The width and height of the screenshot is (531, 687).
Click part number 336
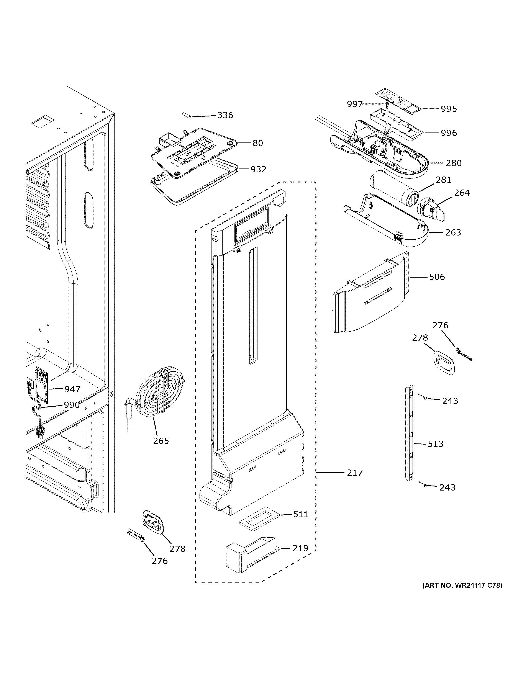225,115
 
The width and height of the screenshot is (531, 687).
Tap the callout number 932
258,170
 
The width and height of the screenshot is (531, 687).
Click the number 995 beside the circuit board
449,109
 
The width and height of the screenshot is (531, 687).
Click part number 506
437,277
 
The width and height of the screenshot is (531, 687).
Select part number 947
72,390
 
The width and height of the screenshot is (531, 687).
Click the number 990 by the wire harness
72,405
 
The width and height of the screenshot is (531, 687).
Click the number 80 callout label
258,143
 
